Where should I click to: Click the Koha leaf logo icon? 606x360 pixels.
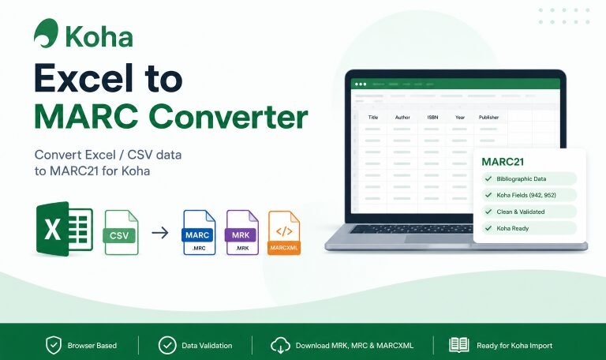(x=46, y=33)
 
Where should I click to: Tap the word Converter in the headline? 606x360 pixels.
(x=228, y=117)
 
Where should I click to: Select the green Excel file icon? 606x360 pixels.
(x=64, y=228)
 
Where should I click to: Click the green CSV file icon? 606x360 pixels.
(x=122, y=232)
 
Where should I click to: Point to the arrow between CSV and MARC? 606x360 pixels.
(x=160, y=233)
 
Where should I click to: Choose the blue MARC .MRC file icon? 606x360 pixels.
(x=199, y=232)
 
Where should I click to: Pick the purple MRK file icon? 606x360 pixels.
(x=242, y=232)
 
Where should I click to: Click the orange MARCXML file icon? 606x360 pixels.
(x=284, y=233)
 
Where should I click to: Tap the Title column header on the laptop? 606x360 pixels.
(x=373, y=117)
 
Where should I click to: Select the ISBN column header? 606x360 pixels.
(x=433, y=117)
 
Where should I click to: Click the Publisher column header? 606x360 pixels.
(x=488, y=117)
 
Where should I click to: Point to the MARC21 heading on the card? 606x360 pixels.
(x=503, y=162)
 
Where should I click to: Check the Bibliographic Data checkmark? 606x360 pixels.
(x=488, y=178)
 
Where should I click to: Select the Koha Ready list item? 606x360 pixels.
(x=529, y=228)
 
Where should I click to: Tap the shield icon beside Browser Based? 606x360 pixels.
(x=54, y=345)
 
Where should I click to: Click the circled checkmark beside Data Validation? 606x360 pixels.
(x=167, y=345)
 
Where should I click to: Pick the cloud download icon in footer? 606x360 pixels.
(x=280, y=345)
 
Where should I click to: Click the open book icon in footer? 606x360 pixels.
(x=458, y=345)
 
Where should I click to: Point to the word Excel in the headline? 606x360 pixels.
(x=84, y=78)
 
